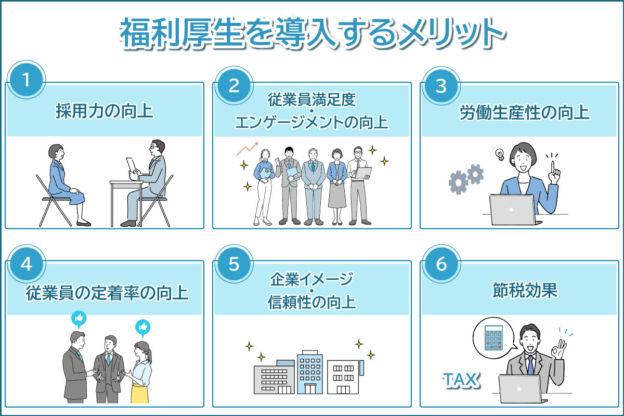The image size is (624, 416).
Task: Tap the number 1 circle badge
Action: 27,80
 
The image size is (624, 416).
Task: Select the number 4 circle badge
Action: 27,264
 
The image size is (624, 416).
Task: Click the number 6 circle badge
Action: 441,264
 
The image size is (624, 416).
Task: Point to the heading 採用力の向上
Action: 104,111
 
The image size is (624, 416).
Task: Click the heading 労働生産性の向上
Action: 524,112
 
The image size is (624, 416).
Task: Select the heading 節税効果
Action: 525,290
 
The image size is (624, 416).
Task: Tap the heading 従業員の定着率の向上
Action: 107,293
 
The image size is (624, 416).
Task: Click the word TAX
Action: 461,380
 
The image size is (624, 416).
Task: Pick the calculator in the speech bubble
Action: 493,337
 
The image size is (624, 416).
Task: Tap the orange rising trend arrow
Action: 248,149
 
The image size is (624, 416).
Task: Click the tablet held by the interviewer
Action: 131,165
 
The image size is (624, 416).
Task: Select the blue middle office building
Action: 310,372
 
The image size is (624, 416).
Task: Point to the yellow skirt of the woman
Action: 140,393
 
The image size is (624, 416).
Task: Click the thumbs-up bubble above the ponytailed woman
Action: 143,328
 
